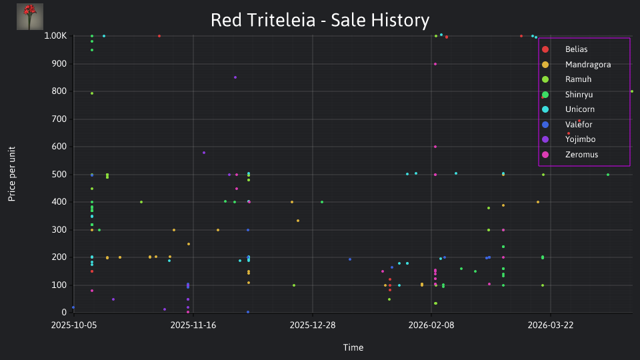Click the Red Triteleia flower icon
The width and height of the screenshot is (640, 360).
[x=30, y=17]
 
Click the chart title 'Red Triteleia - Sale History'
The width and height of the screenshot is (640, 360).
[x=320, y=20]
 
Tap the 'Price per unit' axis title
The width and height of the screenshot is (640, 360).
[x=12, y=174]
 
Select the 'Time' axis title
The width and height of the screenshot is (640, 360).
[x=353, y=347]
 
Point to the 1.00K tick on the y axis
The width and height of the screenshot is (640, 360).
[x=55, y=36]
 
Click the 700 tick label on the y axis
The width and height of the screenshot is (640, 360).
[x=59, y=119]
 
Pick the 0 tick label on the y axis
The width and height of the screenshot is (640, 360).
[x=64, y=312]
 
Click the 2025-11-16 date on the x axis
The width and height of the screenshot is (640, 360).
[x=193, y=325]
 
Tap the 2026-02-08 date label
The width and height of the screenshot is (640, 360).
[x=431, y=325]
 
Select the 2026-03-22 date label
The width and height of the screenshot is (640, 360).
[x=550, y=325]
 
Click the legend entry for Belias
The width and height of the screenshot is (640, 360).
[x=576, y=49]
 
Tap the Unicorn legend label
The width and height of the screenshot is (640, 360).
[x=579, y=109]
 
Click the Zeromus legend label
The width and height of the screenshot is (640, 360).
[x=581, y=155]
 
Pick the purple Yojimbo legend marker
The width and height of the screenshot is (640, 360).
[x=545, y=139]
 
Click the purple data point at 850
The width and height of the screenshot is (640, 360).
[x=235, y=77]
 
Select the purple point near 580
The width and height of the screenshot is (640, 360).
[x=204, y=153]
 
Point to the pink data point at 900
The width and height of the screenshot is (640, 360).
[x=435, y=64]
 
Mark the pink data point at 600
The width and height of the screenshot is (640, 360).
[x=435, y=147]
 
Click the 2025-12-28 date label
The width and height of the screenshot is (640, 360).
[x=312, y=325]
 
